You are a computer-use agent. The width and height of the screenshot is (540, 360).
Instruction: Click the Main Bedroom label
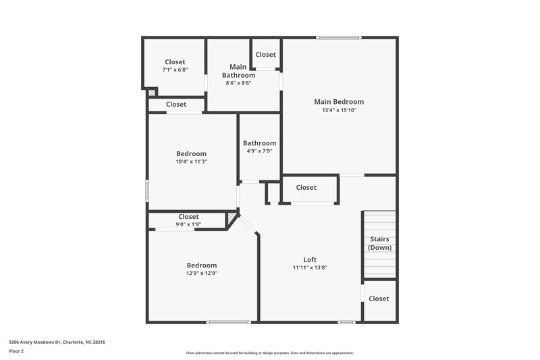(339, 102)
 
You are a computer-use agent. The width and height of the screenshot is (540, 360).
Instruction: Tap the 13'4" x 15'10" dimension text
(339, 110)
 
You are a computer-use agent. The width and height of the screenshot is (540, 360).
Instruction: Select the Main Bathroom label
(238, 71)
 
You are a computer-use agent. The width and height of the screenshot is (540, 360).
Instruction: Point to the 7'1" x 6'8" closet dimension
(175, 70)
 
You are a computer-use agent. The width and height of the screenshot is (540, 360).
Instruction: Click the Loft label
(310, 259)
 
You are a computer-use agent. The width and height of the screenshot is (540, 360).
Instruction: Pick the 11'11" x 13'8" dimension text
(310, 267)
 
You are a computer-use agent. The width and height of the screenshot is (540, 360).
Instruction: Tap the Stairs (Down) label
(379, 243)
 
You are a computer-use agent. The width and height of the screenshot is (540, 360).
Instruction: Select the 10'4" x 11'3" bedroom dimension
(192, 161)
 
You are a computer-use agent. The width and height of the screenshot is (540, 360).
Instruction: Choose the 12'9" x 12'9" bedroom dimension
(202, 274)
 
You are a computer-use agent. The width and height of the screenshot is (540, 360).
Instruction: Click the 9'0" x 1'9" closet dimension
(188, 224)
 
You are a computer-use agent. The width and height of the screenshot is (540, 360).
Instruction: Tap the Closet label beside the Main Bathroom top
(265, 55)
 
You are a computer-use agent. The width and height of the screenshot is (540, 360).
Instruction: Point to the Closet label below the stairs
(379, 299)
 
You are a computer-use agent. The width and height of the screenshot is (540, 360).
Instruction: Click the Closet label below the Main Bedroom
(306, 187)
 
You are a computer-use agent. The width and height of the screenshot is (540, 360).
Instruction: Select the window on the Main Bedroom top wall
(339, 37)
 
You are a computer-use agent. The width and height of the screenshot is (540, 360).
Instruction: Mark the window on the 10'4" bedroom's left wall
(147, 190)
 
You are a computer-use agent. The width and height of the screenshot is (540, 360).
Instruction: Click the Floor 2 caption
(17, 351)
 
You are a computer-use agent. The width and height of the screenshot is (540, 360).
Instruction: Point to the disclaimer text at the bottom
(269, 353)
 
